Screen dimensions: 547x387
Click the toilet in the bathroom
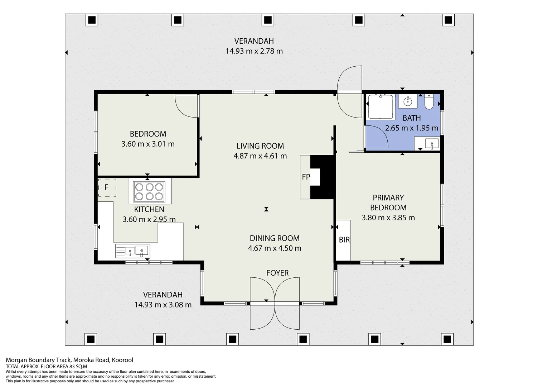(429, 102)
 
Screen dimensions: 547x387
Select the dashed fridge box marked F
(107, 187)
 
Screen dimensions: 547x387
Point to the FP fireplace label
(306, 177)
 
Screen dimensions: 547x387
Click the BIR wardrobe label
(344, 240)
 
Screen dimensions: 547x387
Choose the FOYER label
(277, 273)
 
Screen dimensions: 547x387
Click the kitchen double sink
(132, 251)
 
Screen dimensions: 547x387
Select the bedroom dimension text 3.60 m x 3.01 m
(148, 144)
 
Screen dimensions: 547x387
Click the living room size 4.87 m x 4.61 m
(260, 156)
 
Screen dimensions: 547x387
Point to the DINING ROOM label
(275, 238)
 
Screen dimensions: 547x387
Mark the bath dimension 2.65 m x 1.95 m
(412, 128)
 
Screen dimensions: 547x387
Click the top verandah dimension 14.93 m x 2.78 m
(254, 51)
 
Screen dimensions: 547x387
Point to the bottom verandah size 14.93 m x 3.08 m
(163, 305)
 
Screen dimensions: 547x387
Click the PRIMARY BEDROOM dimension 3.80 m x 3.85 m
(388, 218)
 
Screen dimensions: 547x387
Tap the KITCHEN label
(149, 209)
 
